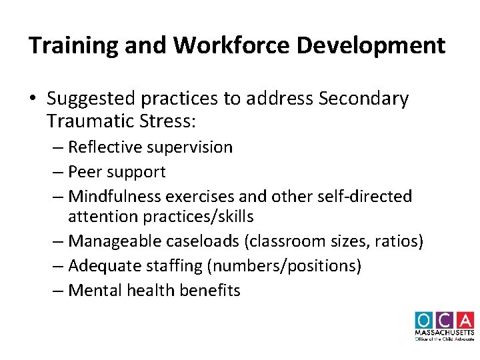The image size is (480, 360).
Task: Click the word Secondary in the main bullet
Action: click(x=364, y=99)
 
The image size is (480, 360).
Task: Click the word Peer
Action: click(x=85, y=171)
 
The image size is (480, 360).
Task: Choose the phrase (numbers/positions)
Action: click(x=284, y=266)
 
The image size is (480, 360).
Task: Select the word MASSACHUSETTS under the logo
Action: click(x=444, y=333)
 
